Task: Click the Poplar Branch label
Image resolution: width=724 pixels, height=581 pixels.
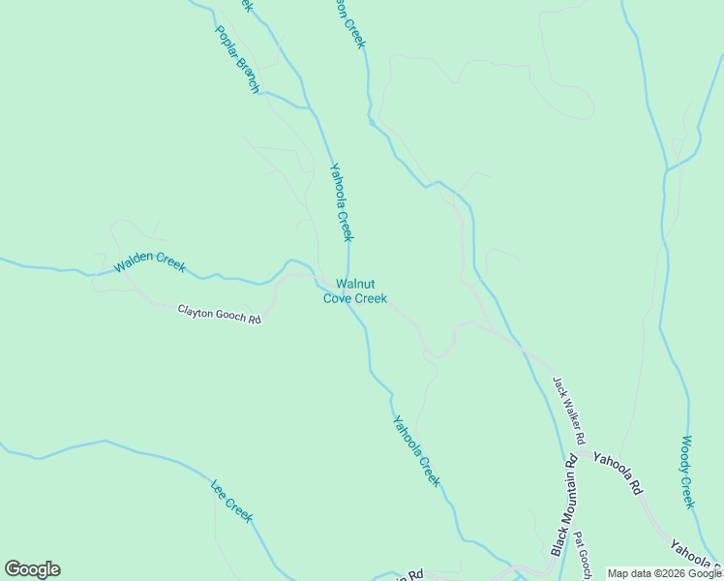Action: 236,59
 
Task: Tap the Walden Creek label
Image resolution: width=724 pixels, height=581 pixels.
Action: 149,262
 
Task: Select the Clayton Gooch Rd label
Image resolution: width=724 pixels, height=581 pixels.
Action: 220,314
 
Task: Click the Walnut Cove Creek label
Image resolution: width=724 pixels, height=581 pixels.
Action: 355,291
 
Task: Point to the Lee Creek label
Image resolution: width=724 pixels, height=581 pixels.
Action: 231,500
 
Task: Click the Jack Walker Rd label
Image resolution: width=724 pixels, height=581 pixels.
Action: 569,411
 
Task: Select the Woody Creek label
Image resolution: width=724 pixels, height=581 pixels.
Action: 687,472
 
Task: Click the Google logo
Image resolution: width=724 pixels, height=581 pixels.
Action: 33,569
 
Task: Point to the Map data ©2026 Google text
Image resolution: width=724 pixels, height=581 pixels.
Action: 663,573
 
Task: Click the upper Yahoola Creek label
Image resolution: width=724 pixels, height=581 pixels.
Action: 342,201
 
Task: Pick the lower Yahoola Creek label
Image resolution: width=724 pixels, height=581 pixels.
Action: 417,450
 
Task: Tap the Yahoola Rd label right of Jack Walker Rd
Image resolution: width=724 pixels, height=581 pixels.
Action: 618,474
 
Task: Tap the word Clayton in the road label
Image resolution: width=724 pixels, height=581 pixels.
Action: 194,310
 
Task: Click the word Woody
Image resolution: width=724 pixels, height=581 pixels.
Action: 685,453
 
